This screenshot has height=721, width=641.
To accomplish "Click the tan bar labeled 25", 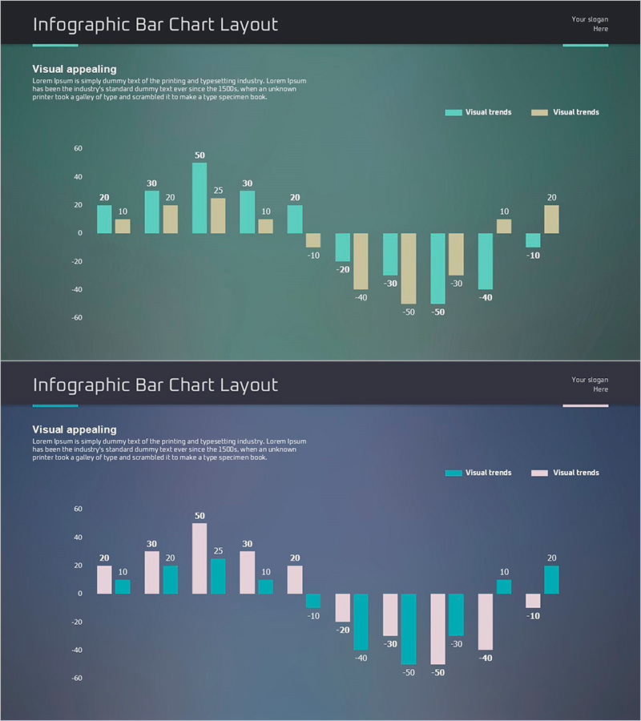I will [x=218, y=215].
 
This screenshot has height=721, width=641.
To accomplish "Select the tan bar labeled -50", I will [x=409, y=268].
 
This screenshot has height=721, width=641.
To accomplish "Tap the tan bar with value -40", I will [x=361, y=261].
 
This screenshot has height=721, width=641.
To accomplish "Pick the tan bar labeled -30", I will [x=456, y=254].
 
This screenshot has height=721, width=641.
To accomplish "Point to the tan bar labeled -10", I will [x=312, y=240].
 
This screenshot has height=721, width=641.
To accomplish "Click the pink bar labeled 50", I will [x=200, y=558].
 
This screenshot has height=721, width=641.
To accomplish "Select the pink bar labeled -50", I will [x=438, y=629].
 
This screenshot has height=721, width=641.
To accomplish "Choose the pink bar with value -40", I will [x=486, y=622].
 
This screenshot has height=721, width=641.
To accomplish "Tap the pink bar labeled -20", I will [x=343, y=608].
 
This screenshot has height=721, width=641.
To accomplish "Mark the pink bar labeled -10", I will [x=533, y=601].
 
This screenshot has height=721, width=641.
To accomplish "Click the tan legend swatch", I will [x=539, y=112].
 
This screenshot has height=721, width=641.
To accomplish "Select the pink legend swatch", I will [x=539, y=473].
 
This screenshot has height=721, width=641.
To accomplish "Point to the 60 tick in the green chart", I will [x=78, y=148].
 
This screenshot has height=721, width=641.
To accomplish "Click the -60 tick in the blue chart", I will [x=77, y=678].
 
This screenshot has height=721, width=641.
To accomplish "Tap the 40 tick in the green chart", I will [x=78, y=176].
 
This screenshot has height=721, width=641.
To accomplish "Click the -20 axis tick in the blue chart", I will [x=77, y=622].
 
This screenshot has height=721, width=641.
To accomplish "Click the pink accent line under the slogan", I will [x=585, y=405].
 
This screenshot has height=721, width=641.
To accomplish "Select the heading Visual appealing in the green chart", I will [x=75, y=70].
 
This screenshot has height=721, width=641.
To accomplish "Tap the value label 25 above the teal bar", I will [x=218, y=550].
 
